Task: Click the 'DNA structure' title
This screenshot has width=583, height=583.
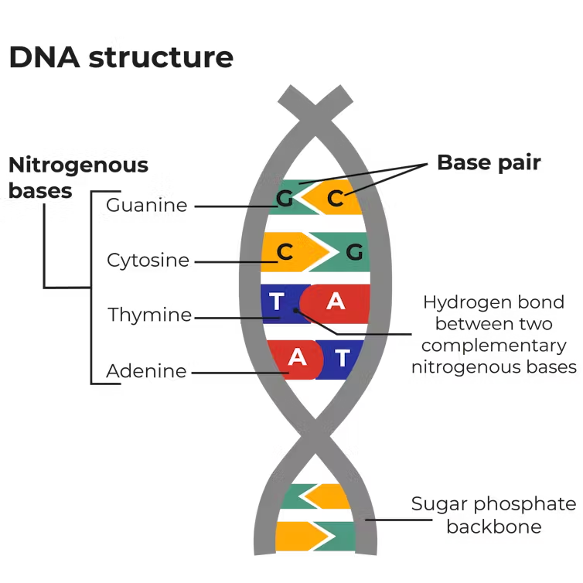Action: click(x=121, y=57)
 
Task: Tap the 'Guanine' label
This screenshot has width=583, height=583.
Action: click(x=146, y=205)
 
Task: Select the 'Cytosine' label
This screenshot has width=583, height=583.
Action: click(x=148, y=261)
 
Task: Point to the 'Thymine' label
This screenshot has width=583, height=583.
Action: click(x=149, y=315)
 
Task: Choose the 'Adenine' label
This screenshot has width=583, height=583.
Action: click(x=146, y=370)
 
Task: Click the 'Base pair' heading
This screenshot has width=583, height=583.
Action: click(x=489, y=162)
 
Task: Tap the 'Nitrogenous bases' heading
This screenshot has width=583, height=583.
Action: click(x=78, y=178)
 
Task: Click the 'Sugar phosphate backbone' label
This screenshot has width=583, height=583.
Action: click(x=494, y=515)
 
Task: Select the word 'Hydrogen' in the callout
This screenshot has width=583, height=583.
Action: click(x=460, y=302)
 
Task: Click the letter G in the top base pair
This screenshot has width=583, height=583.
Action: click(x=285, y=198)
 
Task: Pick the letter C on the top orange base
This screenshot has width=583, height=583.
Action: click(x=335, y=198)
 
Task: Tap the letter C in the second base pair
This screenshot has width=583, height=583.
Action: click(x=285, y=252)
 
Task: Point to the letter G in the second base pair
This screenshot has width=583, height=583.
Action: click(x=354, y=252)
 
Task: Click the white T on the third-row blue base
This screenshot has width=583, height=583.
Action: click(x=277, y=301)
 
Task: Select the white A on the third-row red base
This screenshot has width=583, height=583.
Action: click(x=336, y=301)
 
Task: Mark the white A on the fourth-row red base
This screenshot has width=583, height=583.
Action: click(x=298, y=357)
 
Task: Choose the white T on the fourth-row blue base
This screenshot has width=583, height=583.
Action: click(x=343, y=357)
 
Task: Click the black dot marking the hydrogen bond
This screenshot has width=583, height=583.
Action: click(x=296, y=310)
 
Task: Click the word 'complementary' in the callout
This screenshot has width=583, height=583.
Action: click(x=494, y=346)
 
